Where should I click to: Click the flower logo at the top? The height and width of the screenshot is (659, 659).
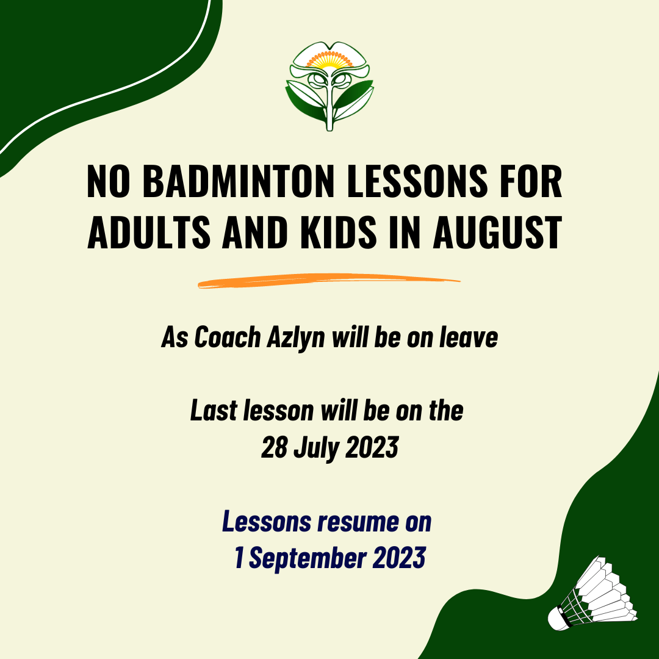[329, 85]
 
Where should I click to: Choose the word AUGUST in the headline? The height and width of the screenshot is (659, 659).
[497, 232]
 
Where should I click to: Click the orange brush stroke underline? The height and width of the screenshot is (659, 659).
[329, 281]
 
